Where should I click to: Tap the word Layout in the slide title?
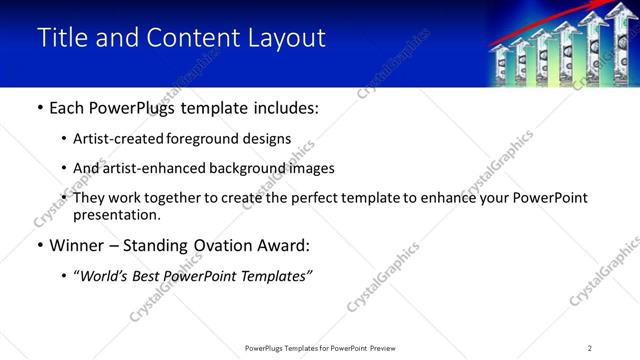pyautogui.click(x=286, y=38)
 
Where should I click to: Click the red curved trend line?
pyautogui.click(x=540, y=30)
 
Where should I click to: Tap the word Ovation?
pyautogui.click(x=209, y=245)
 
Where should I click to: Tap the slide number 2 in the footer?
pyautogui.click(x=590, y=348)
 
